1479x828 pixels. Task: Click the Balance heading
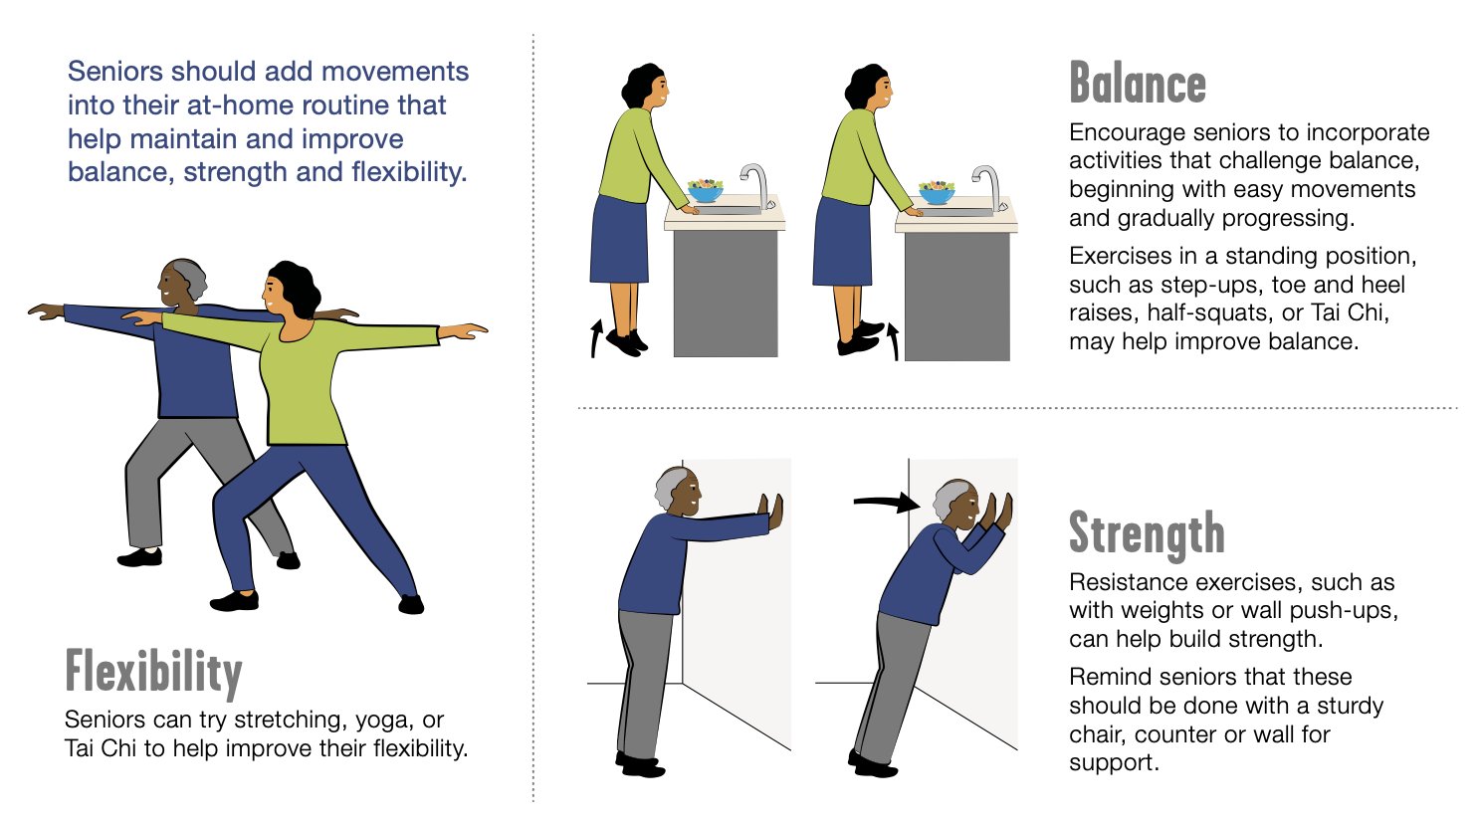click(1138, 84)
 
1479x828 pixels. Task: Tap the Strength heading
click(1147, 532)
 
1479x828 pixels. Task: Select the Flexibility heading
click(154, 672)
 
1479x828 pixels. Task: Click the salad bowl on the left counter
click(706, 190)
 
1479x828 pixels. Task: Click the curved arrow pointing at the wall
click(887, 504)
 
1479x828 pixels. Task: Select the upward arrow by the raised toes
click(893, 341)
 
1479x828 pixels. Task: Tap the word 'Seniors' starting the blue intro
click(115, 72)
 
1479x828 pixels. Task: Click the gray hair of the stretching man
click(191, 276)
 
